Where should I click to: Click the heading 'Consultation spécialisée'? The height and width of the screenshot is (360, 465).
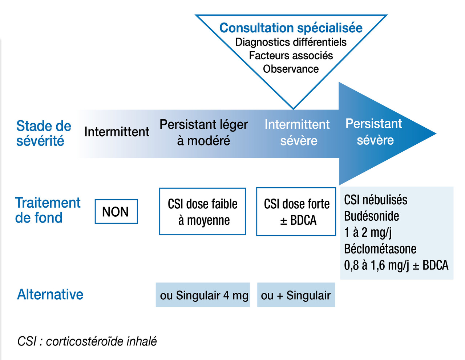[291, 28]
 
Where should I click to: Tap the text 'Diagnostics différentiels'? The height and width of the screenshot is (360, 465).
[291, 42]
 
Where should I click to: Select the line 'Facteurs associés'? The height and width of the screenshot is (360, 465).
[291, 56]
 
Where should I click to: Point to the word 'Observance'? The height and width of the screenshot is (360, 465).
[291, 69]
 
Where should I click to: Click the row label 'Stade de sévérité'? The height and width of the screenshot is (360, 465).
[44, 133]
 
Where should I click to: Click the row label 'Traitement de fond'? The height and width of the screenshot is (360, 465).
[48, 210]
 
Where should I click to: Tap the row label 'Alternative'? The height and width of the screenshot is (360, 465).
[50, 295]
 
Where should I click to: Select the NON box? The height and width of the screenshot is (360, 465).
[116, 212]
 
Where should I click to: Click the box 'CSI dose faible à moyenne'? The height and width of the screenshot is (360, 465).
[202, 212]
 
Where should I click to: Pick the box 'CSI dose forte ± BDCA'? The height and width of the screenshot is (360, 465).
[296, 212]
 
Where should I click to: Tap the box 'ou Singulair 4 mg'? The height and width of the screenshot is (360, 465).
[203, 295]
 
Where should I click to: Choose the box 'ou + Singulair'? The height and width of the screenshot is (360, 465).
[296, 295]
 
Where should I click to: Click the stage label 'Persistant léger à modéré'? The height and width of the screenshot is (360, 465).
[204, 132]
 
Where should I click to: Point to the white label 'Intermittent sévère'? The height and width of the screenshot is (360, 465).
[297, 133]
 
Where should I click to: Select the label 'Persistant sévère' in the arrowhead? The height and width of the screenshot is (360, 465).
[374, 132]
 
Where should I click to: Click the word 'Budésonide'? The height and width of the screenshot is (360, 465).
[372, 216]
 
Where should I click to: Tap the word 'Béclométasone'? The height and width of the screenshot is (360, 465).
[380, 249]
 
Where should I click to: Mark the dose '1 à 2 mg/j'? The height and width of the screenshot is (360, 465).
[368, 233]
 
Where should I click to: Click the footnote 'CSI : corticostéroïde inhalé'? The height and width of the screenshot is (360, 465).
[87, 341]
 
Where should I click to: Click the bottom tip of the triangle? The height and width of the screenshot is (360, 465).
[294, 109]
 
